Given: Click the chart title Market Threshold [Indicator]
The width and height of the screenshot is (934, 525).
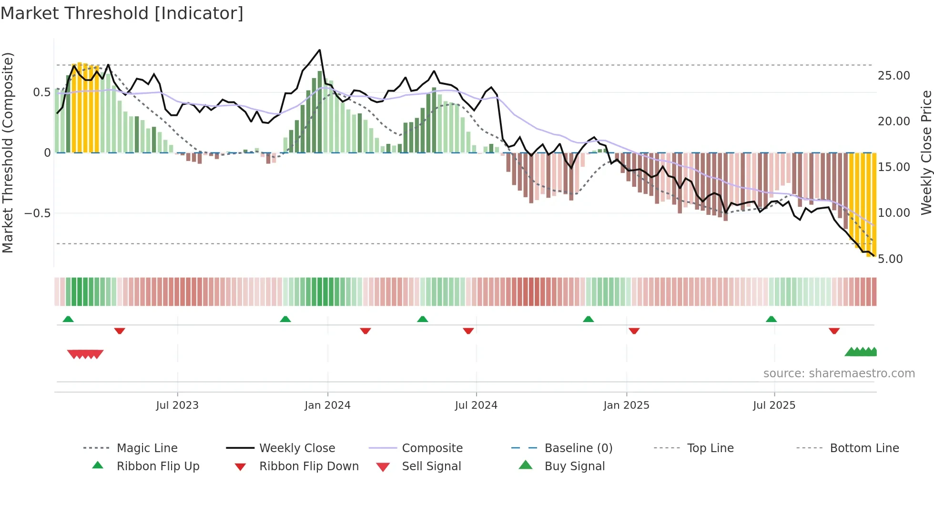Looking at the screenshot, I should [122, 13].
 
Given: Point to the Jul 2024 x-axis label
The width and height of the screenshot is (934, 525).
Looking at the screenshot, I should [476, 405].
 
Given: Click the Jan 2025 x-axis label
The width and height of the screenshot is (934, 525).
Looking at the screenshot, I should [626, 405].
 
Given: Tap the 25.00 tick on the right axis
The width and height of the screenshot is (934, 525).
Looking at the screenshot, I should [893, 75].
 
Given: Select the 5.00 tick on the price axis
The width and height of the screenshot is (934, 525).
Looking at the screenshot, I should [890, 259].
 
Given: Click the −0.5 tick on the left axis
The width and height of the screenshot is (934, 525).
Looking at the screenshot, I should [38, 213].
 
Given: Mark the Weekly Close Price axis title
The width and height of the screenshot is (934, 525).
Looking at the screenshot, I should [926, 152].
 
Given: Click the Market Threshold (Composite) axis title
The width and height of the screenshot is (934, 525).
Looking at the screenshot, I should [8, 152].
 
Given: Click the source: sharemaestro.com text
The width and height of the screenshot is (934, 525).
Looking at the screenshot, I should [839, 373].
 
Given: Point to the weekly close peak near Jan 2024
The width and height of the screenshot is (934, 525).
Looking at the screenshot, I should [319, 50].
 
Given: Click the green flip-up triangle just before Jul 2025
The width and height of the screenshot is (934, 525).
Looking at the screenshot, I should [771, 319].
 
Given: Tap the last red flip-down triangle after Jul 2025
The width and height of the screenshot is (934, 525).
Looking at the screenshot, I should [834, 331].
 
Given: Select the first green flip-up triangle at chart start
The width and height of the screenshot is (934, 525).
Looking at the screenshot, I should [68, 319].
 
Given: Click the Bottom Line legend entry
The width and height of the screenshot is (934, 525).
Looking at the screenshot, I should [864, 448].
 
